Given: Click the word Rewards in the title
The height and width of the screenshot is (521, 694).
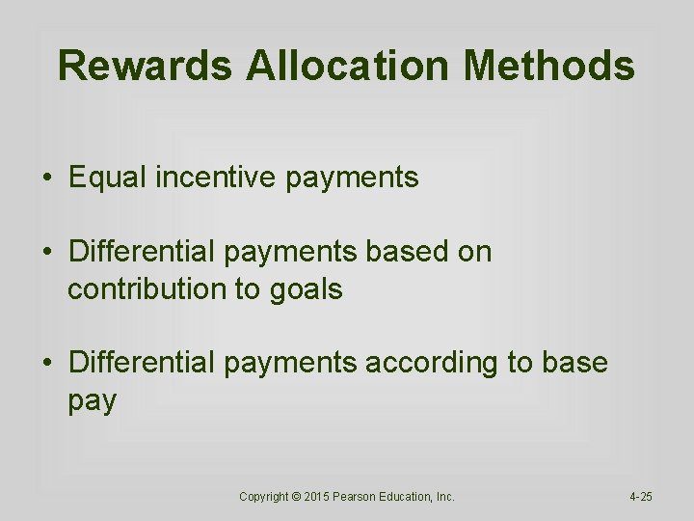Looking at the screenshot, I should point(145,67).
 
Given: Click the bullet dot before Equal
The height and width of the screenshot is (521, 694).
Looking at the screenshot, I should point(46,178).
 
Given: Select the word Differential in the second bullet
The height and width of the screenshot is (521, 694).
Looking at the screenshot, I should point(143,252).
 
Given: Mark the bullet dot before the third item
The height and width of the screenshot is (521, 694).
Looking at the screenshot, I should point(46,364).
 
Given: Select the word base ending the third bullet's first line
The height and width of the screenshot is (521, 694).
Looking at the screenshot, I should point(574,363).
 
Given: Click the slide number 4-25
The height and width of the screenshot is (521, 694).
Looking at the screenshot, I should point(640,497).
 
